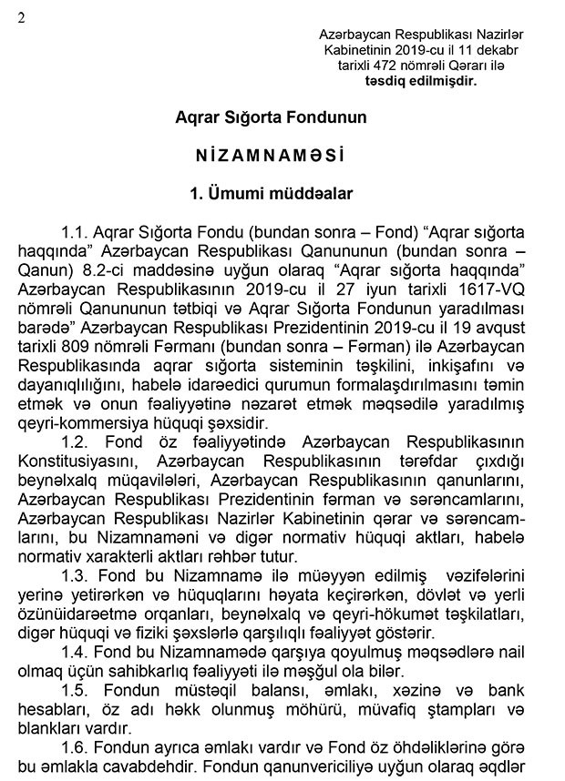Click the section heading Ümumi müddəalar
tap(272, 193)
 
